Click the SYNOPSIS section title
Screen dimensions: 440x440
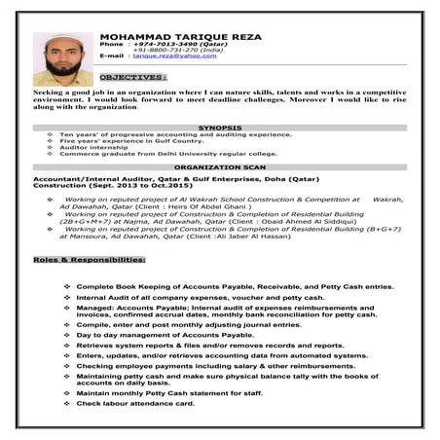pyautogui.click(x=219, y=127)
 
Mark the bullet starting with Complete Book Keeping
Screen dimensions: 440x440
pyautogui.click(x=234, y=286)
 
